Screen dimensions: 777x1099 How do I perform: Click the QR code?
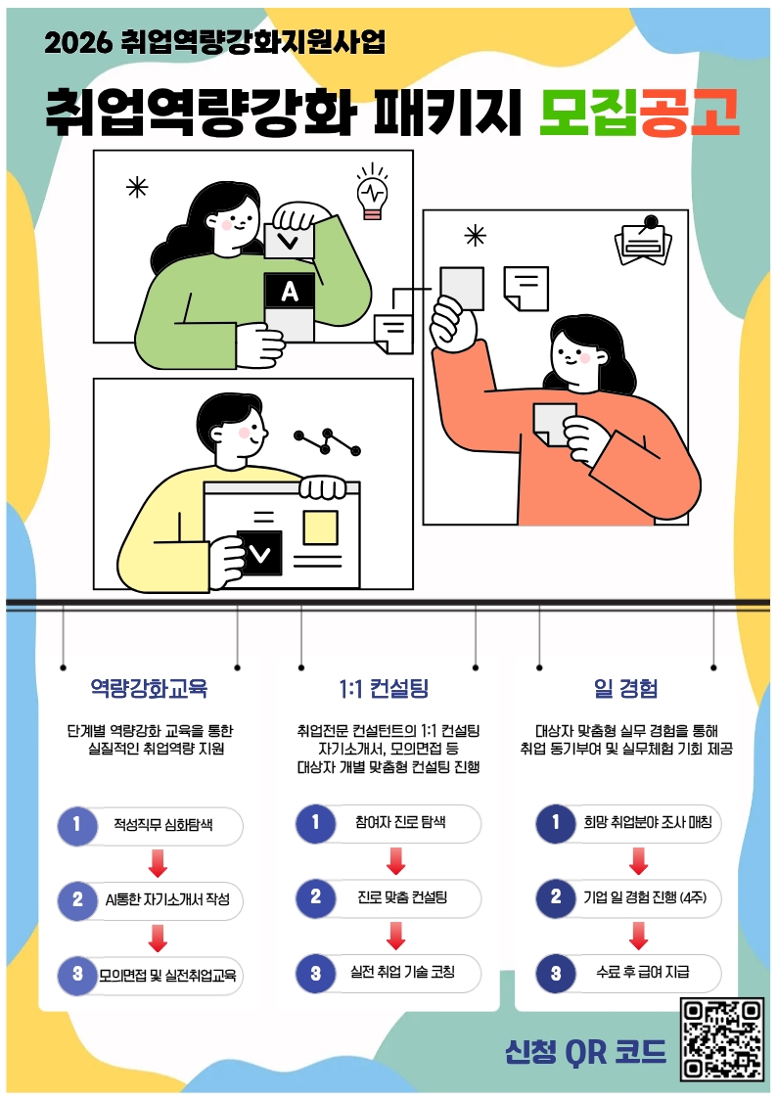point(721,1039)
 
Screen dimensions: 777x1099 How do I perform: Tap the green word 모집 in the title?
point(588,113)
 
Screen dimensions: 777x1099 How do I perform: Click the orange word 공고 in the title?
point(690,113)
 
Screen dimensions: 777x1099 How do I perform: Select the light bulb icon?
point(372,192)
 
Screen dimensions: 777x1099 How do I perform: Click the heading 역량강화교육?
point(149,688)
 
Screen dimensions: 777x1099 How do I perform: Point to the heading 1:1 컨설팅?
point(384,688)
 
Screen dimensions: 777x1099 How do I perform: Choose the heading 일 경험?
point(625,688)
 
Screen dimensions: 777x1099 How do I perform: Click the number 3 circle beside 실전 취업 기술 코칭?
point(315,973)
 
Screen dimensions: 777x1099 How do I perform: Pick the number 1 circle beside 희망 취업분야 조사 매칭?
point(556,823)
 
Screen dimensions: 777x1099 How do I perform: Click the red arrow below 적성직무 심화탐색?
point(159,863)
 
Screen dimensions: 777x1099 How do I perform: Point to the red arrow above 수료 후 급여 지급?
point(638,936)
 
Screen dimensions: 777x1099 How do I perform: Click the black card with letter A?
point(290,291)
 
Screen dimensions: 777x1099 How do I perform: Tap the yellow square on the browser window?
point(320,527)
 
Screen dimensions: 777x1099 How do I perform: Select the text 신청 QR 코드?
point(586,1051)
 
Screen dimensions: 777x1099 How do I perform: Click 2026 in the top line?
point(77,43)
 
